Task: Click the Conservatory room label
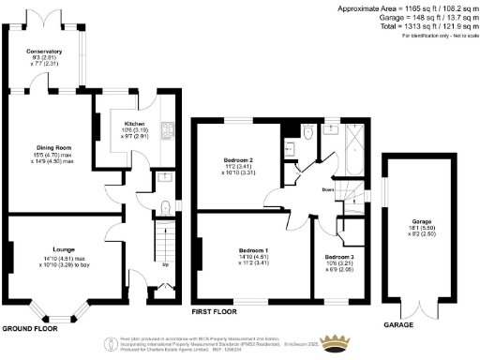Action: (44, 52)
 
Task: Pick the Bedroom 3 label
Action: (339, 256)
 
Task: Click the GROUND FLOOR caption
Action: (29, 329)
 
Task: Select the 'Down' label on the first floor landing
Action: (327, 189)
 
